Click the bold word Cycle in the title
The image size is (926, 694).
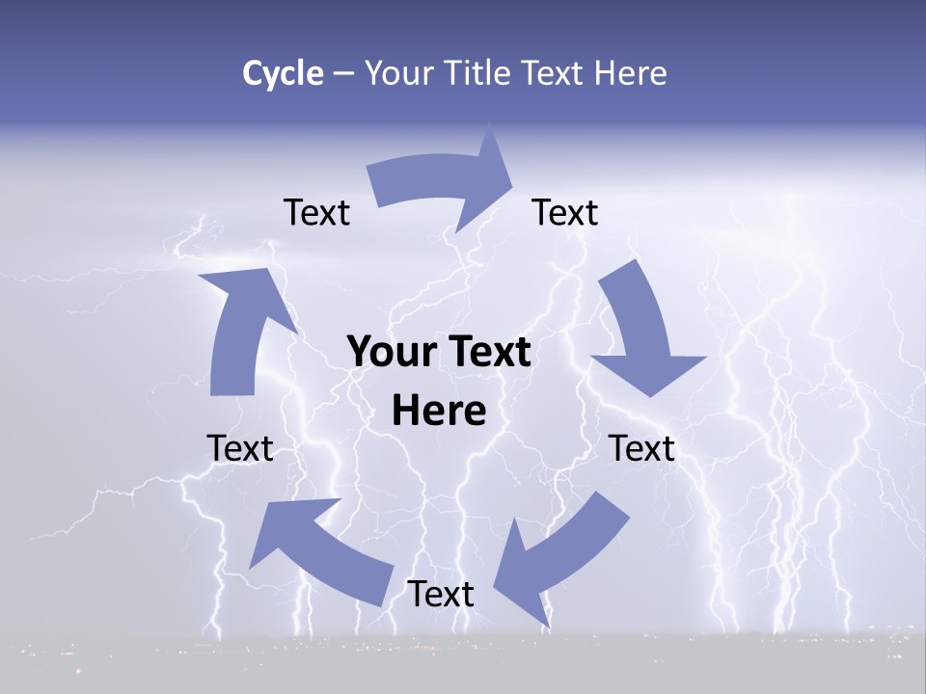point(283,73)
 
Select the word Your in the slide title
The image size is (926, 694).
point(399,73)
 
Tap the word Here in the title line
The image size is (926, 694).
point(628,73)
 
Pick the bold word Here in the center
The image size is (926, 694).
point(439,411)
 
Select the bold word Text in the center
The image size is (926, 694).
point(487,352)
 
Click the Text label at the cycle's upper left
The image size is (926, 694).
point(316,213)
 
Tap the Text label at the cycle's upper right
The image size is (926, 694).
point(565,213)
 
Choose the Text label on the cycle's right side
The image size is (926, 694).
point(642,448)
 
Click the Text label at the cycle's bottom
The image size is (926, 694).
point(441,595)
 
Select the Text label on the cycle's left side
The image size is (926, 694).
point(240,448)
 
